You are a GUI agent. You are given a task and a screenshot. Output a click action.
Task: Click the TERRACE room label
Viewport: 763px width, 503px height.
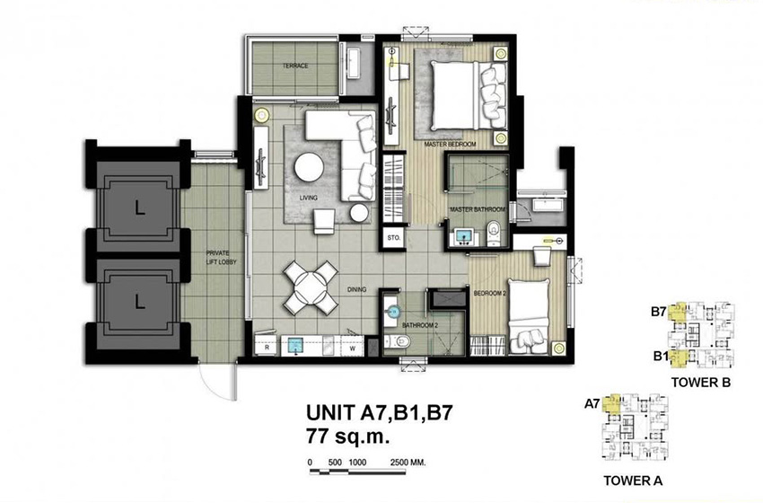click(x=295, y=66)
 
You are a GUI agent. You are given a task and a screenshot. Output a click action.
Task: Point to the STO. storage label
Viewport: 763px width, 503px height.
click(x=393, y=239)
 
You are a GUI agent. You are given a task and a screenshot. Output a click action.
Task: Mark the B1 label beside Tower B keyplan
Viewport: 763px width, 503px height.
click(x=659, y=356)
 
